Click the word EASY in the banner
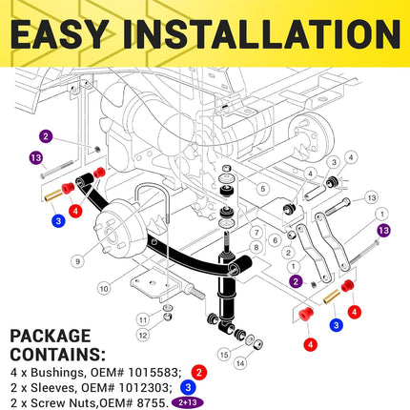[x=58, y=34]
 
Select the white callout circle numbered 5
[x=262, y=189]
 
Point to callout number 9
[x=78, y=261]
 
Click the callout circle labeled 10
[x=104, y=289]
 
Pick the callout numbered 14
[x=240, y=362]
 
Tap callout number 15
[x=224, y=355]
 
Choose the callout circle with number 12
[x=143, y=335]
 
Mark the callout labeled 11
[x=143, y=319]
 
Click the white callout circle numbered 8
[x=256, y=247]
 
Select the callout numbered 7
[x=256, y=233]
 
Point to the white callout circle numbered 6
[x=276, y=240]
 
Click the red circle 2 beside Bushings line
[x=199, y=372]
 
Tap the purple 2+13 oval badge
[x=187, y=402]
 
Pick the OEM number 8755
[x=152, y=403]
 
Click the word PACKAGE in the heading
[x=51, y=337]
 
